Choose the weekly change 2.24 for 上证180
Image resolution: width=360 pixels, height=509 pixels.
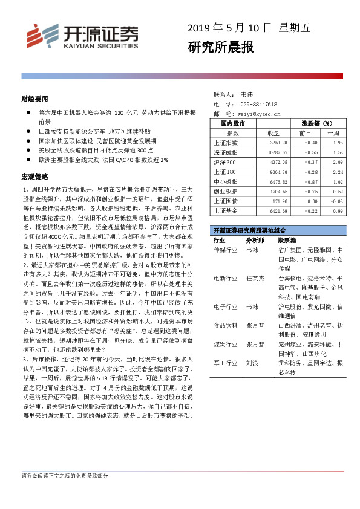pyautogui.click(x=338, y=172)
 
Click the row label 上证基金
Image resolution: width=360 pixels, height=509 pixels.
pyautogui.click(x=226, y=210)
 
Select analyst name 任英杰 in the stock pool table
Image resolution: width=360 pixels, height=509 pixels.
pyautogui.click(x=254, y=279)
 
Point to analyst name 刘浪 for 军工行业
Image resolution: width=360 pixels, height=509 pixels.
pyautogui.click(x=251, y=364)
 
